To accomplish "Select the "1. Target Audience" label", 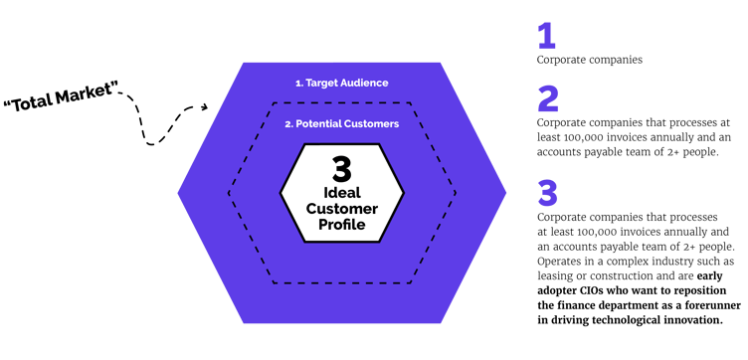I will click(341, 83).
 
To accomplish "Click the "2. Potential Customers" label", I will click(341, 124).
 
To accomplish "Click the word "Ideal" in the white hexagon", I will click(342, 190).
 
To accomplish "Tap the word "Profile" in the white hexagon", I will click(342, 224).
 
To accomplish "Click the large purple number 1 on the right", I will click(545, 37).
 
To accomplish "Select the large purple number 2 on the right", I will click(548, 99).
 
